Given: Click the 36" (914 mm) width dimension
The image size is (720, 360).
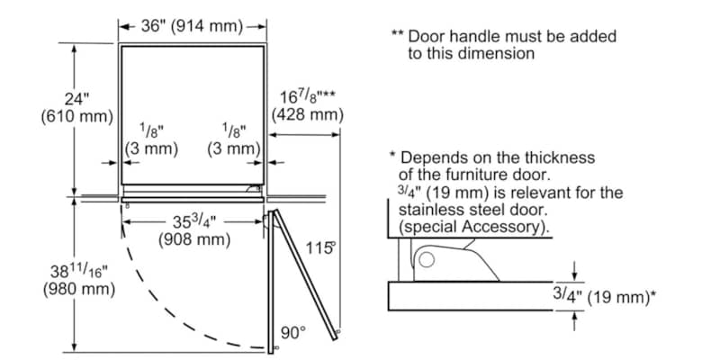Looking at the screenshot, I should [x=193, y=26].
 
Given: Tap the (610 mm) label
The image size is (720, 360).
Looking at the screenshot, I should [x=76, y=116].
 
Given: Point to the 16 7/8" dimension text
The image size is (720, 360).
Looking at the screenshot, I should [x=307, y=96].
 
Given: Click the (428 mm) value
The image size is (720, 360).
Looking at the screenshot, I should [x=308, y=114].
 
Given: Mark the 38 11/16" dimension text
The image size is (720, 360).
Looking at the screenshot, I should [x=76, y=271].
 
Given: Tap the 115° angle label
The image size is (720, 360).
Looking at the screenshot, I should [x=319, y=247].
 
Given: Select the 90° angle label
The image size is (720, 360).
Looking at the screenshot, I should [x=292, y=332].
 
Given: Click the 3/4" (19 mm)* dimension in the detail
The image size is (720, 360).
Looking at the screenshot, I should [x=602, y=293].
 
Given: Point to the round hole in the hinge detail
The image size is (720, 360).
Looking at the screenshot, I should [x=427, y=261].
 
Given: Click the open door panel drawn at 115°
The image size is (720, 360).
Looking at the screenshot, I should [x=306, y=274].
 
